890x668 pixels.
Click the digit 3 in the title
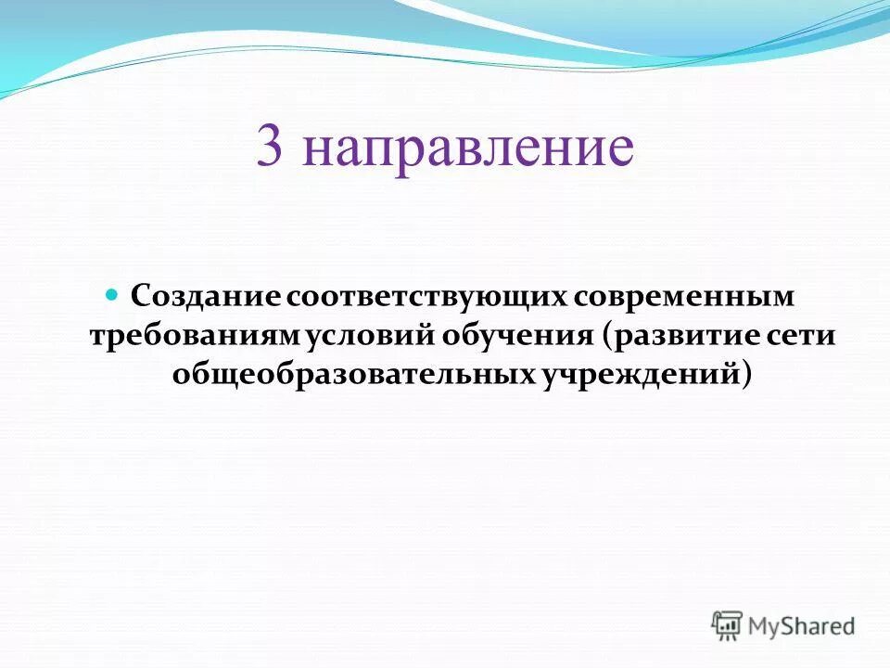click(x=270, y=148)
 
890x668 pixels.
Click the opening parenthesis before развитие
click(x=606, y=336)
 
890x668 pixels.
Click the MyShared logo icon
click(x=727, y=625)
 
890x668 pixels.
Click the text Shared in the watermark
click(x=821, y=626)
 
